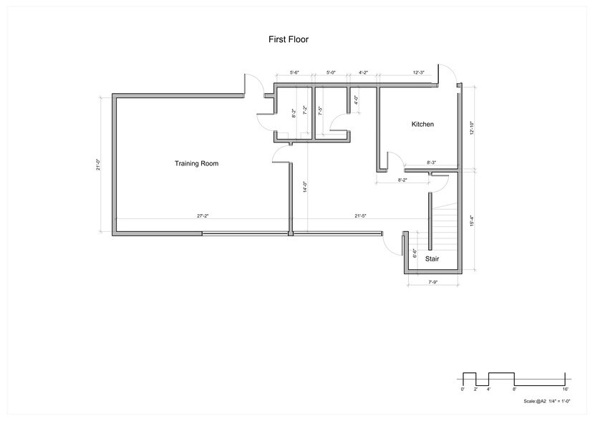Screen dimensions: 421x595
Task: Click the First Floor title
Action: pyautogui.click(x=288, y=40)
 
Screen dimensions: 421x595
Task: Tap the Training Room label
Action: pyautogui.click(x=196, y=164)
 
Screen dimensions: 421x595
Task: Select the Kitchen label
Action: pyautogui.click(x=422, y=125)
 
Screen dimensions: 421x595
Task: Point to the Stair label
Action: pyautogui.click(x=432, y=258)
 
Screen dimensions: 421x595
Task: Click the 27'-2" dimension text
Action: pyautogui.click(x=203, y=216)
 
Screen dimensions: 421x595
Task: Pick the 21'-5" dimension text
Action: pyautogui.click(x=361, y=216)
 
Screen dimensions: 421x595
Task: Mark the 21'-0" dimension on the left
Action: pyautogui.click(x=100, y=165)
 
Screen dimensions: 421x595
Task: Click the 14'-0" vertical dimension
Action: pyautogui.click(x=304, y=187)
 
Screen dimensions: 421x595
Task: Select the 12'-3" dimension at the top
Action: pyautogui.click(x=420, y=73)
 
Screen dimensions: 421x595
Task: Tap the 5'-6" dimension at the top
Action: pyautogui.click(x=294, y=73)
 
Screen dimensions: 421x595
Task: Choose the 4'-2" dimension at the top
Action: pyautogui.click(x=363, y=73)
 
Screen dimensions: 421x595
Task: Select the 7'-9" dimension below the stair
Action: pyautogui.click(x=433, y=282)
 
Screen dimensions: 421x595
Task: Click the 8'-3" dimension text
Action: pyautogui.click(x=432, y=163)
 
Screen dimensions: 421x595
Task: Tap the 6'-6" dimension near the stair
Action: pyautogui.click(x=415, y=253)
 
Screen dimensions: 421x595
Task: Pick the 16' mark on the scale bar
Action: pyautogui.click(x=566, y=388)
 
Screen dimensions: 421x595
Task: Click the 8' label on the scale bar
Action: pyautogui.click(x=514, y=388)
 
